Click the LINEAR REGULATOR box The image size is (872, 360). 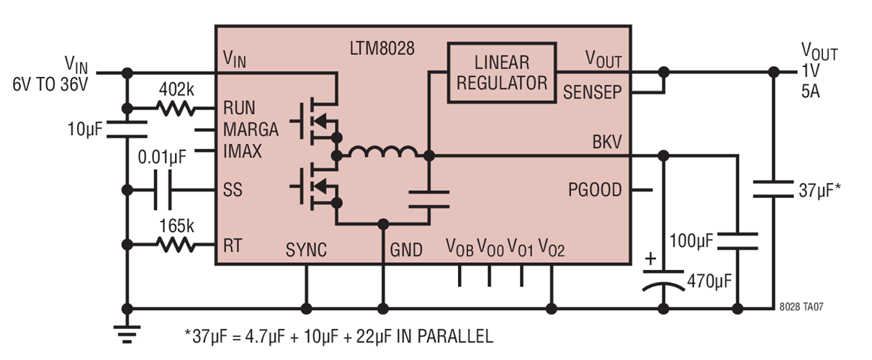502,73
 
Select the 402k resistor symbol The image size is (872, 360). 176,109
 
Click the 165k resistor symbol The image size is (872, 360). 176,246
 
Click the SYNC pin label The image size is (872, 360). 306,250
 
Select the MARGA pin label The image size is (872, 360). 251,130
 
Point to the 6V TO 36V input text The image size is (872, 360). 49,84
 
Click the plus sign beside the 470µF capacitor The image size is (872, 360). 650,258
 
